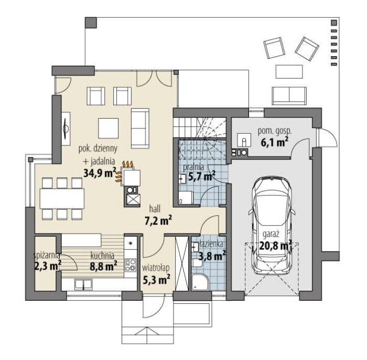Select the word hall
[155, 209]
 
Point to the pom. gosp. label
[275, 131]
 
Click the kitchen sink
[83, 284]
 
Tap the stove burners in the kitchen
[131, 265]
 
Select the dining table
[62, 198]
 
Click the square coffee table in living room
[108, 128]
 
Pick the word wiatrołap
[156, 269]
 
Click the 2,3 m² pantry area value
[48, 266]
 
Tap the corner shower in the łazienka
[200, 283]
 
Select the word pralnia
[193, 167]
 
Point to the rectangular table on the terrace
[289, 72]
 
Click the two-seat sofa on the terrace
[289, 96]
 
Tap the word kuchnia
[102, 256]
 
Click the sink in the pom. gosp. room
[244, 140]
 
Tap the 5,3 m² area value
[156, 280]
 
